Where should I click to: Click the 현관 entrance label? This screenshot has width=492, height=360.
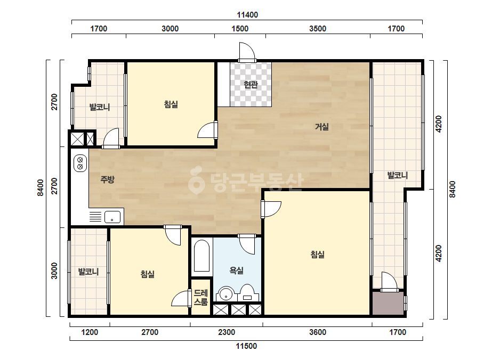251,84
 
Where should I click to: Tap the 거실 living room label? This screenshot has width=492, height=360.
322,127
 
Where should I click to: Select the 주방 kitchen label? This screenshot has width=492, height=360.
107,179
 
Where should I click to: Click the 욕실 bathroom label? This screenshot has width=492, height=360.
237,271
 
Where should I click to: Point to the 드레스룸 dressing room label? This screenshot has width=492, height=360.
201,298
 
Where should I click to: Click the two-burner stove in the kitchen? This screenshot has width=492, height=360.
80,163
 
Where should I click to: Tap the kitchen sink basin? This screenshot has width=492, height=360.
112,217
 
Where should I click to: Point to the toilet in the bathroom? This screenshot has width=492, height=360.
248,293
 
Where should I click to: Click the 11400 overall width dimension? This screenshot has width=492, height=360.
247,15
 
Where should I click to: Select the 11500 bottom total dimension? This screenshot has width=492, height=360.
246,346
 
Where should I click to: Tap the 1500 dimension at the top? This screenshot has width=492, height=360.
240,29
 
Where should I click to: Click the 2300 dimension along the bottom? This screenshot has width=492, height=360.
227,332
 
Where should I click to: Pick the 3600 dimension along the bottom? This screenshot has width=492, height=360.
318,332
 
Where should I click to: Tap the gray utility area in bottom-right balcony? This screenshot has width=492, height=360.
388,303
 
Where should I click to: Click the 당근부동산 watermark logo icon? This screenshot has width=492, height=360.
196,180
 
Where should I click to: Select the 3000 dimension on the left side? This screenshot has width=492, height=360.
54,271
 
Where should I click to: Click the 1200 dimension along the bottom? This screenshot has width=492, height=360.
90,332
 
